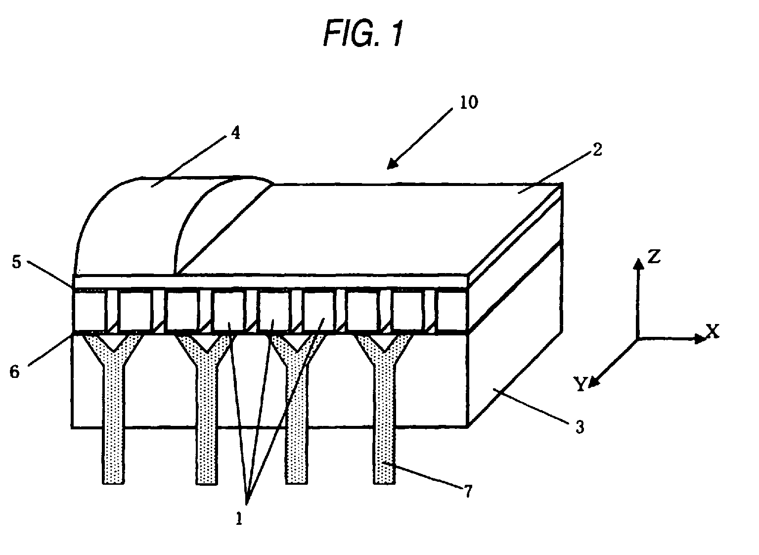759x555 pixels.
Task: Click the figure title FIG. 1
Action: coord(363,34)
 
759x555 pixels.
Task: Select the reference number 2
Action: coord(597,150)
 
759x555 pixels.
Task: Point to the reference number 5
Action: coord(17,262)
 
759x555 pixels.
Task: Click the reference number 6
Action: coord(15,371)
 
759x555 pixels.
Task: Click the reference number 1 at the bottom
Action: coord(239,518)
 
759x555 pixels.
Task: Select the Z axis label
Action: coord(654,257)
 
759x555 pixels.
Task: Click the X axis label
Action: coord(712,331)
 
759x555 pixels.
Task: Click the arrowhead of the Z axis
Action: coord(638,264)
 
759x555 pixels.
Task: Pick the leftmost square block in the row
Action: coord(89,311)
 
